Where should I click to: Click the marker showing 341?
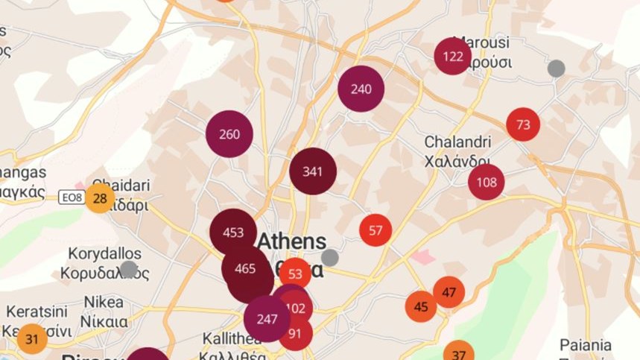coord(313,171)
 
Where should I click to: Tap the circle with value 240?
coord(361,89)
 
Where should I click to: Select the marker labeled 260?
coord(229,134)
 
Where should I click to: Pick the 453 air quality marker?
coord(233,233)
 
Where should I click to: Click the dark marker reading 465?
coord(245,268)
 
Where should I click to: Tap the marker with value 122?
coord(453,57)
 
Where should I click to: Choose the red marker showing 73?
coord(523,124)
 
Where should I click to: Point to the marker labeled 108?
coord(487,183)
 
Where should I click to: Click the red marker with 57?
coord(376,230)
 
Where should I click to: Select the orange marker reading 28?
coord(100,198)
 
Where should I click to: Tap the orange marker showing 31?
coord(32,339)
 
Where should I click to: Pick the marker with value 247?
coord(267,319)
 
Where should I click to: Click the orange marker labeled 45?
coord(421,306)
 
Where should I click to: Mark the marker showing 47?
coord(449,292)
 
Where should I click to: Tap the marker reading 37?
coord(459,353)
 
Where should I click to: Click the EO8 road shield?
coord(70,198)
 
